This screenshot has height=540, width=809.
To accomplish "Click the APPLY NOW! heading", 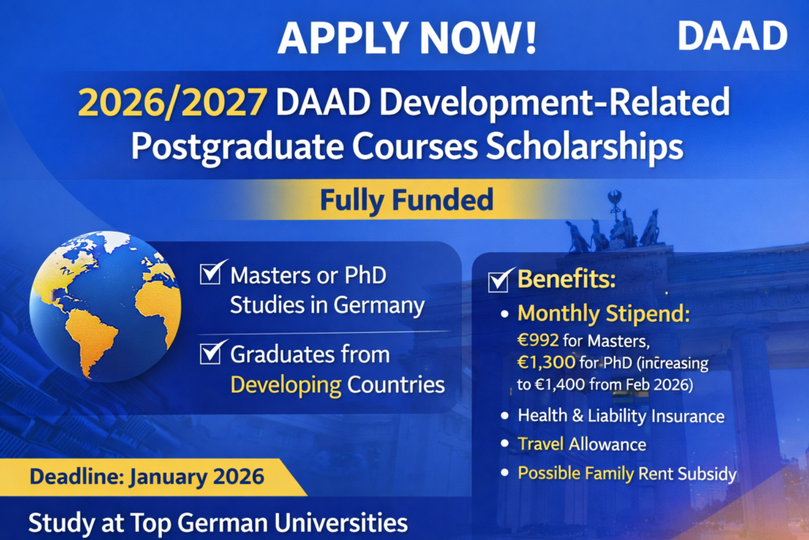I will tap(407, 36).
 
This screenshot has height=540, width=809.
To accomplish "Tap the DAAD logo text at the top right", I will tap(732, 36).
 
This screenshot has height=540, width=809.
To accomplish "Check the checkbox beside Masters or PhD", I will tap(211, 274).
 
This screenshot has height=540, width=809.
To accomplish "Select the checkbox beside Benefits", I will tap(499, 280).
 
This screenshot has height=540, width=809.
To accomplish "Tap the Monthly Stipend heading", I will tap(604, 314).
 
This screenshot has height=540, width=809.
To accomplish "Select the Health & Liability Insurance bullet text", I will tap(620, 416).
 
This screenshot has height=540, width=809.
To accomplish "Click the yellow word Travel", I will tap(540, 444).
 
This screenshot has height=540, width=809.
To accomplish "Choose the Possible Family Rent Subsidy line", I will tap(627, 474).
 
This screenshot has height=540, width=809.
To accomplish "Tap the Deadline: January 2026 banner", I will tap(147, 478).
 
